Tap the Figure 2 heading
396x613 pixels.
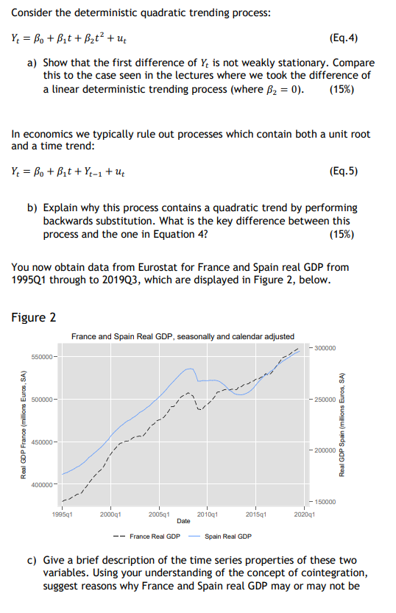[34, 318]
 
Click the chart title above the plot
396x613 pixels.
[183, 337]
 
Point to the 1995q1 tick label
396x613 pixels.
[61, 515]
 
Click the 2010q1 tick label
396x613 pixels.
[208, 515]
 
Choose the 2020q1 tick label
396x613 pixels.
[304, 515]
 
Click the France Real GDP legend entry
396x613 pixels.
[155, 536]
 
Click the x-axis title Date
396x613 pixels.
[183, 521]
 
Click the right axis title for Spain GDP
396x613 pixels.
[343, 425]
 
